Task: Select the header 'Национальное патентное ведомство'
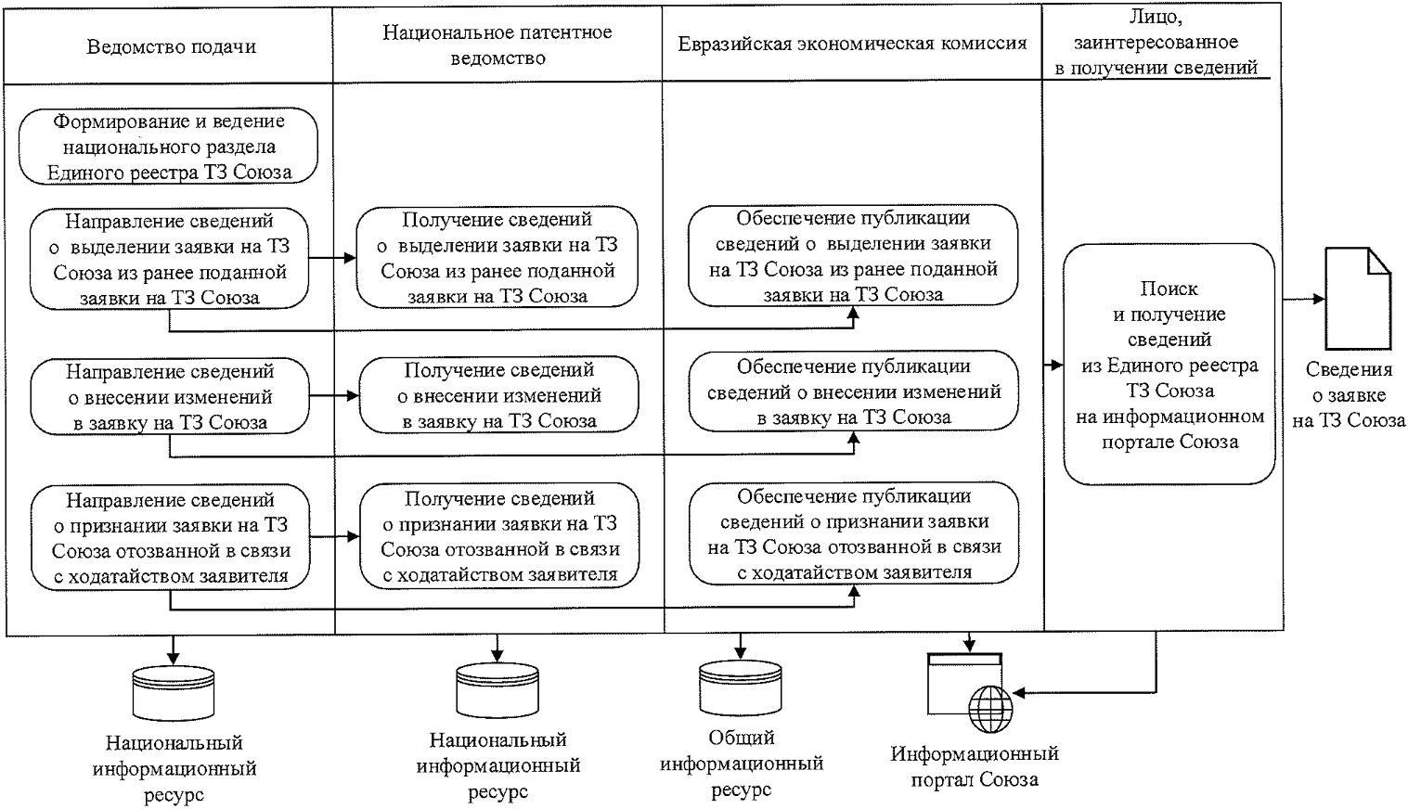pos(497,45)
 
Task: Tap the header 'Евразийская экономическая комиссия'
pos(852,44)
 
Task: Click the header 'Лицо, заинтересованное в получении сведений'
pos(1156,42)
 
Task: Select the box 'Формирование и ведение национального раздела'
pos(170,147)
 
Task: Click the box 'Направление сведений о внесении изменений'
pos(170,397)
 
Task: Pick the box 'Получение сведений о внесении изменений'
pos(499,395)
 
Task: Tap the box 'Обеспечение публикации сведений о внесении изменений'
pos(854,392)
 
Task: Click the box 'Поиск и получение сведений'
pos(1169,365)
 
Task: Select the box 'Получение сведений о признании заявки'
pos(499,536)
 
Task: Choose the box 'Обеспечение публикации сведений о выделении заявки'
pos(854,256)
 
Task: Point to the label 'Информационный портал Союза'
pos(975,766)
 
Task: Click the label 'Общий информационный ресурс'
pos(741,764)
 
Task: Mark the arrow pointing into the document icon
pos(1303,299)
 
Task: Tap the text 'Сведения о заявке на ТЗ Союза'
pos(1349,394)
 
